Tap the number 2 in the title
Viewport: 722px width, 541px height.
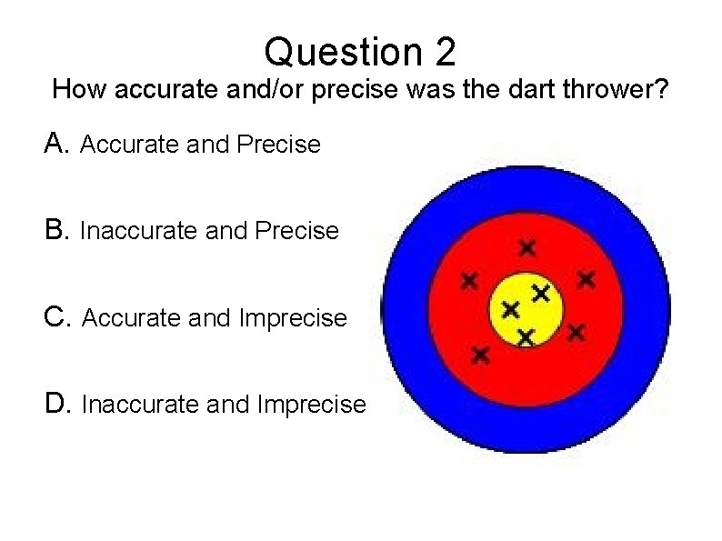click(445, 52)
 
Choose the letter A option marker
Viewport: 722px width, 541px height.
click(57, 143)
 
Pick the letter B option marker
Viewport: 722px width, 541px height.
click(57, 230)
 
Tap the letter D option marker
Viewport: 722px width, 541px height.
click(58, 404)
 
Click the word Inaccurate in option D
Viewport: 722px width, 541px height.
click(142, 405)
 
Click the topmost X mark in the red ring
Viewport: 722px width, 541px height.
click(526, 246)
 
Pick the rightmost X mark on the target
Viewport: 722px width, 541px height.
click(587, 278)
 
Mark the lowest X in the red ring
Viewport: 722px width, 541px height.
click(480, 354)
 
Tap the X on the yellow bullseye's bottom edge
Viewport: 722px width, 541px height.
click(525, 336)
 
